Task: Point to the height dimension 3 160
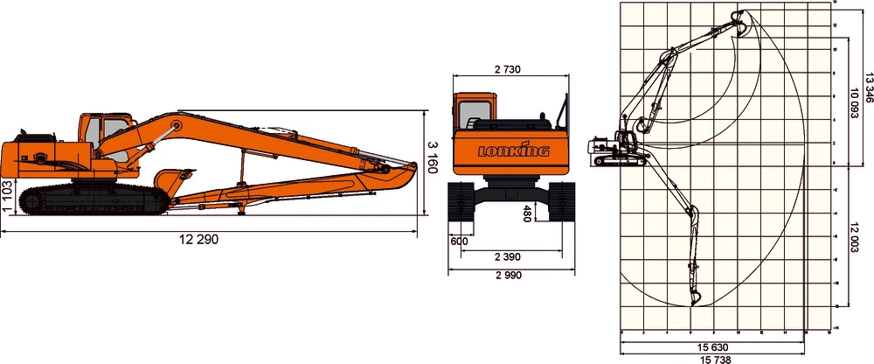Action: [431, 156]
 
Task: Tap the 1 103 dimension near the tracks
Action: [8, 198]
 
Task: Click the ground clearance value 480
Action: [527, 213]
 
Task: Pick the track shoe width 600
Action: [458, 242]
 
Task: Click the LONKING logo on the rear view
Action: [513, 150]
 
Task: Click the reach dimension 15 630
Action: [713, 347]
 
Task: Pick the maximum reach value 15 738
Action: [713, 359]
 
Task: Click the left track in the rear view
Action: [461, 202]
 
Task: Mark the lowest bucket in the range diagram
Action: [696, 297]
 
